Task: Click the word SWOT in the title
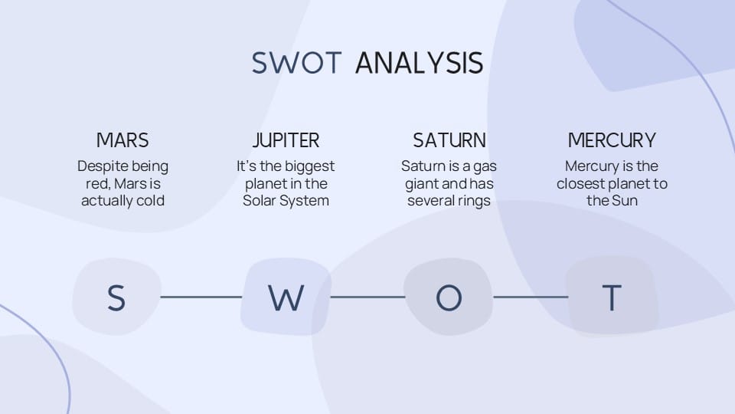point(296,63)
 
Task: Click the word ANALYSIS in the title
point(419,63)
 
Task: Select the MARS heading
point(122,140)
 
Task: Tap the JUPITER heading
point(286,140)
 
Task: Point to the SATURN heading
point(449,140)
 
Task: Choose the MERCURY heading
point(612,140)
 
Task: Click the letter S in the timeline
point(116,297)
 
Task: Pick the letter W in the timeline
point(286,297)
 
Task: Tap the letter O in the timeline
point(449,297)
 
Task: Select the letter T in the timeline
point(612,297)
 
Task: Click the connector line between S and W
point(201,297)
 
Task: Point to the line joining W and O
point(367,297)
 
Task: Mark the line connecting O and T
point(531,297)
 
